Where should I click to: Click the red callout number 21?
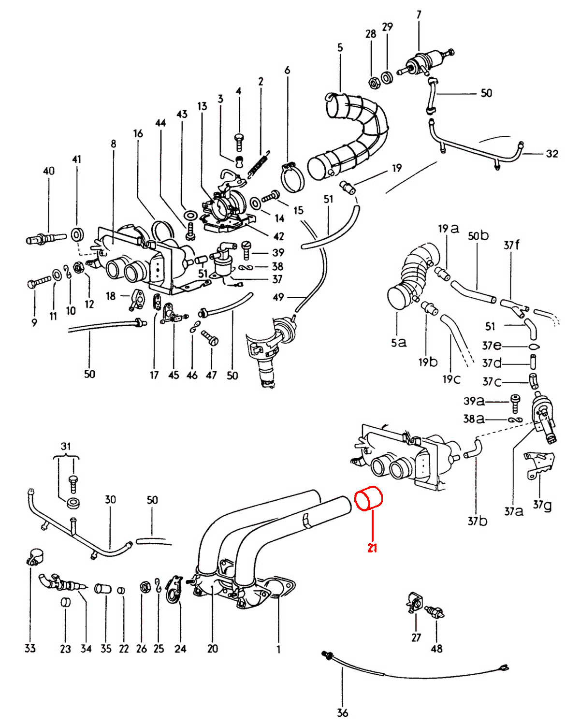click(x=372, y=548)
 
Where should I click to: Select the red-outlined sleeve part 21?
click(x=369, y=498)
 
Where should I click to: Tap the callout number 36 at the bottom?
click(x=342, y=712)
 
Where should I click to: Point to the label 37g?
click(x=542, y=505)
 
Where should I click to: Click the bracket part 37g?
click(x=539, y=465)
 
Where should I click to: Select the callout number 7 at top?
click(x=419, y=15)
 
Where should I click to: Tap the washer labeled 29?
click(x=387, y=78)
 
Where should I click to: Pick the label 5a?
click(x=398, y=342)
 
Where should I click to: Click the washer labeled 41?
click(x=77, y=235)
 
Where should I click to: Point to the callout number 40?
click(x=48, y=171)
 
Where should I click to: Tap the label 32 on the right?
click(x=552, y=154)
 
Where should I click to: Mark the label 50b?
click(x=478, y=236)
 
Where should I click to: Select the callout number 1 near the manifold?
click(x=278, y=649)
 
